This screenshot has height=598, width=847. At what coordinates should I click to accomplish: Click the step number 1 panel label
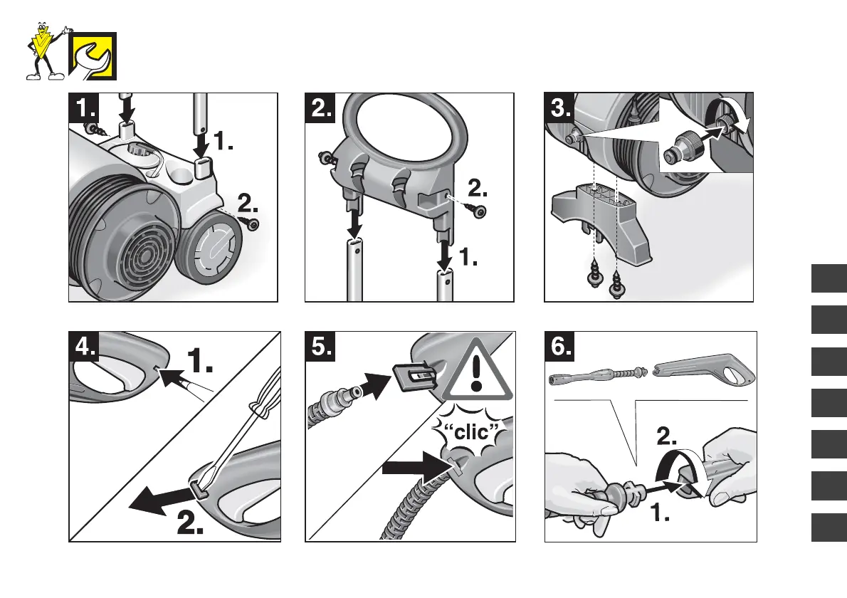pos(83,109)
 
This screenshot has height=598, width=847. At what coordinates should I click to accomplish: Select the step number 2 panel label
pos(322,109)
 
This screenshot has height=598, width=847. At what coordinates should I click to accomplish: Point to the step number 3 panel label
pos(560,109)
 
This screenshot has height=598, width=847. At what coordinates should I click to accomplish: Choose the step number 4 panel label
pos(85,347)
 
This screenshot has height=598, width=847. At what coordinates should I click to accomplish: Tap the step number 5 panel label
pos(322,347)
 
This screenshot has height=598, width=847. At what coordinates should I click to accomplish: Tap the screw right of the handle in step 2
pos(479,213)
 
